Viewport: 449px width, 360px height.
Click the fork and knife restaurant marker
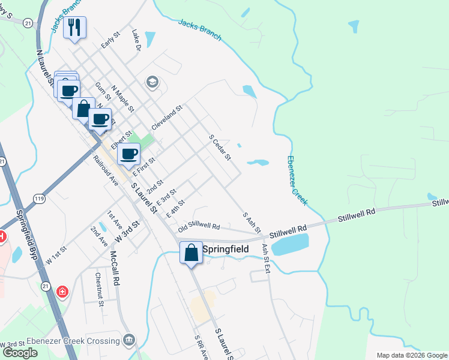[74, 27]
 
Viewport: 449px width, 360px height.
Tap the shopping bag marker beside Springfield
[191, 253]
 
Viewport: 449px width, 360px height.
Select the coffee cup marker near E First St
[128, 154]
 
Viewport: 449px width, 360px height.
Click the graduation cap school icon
[152, 82]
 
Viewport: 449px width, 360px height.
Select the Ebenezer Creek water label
[297, 181]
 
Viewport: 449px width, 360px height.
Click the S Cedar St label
[220, 147]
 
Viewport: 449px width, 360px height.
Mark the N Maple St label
[122, 97]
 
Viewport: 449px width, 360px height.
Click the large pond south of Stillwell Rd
[290, 245]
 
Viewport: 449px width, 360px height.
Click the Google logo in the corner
[20, 353]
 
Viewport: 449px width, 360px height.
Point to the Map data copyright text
[412, 355]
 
